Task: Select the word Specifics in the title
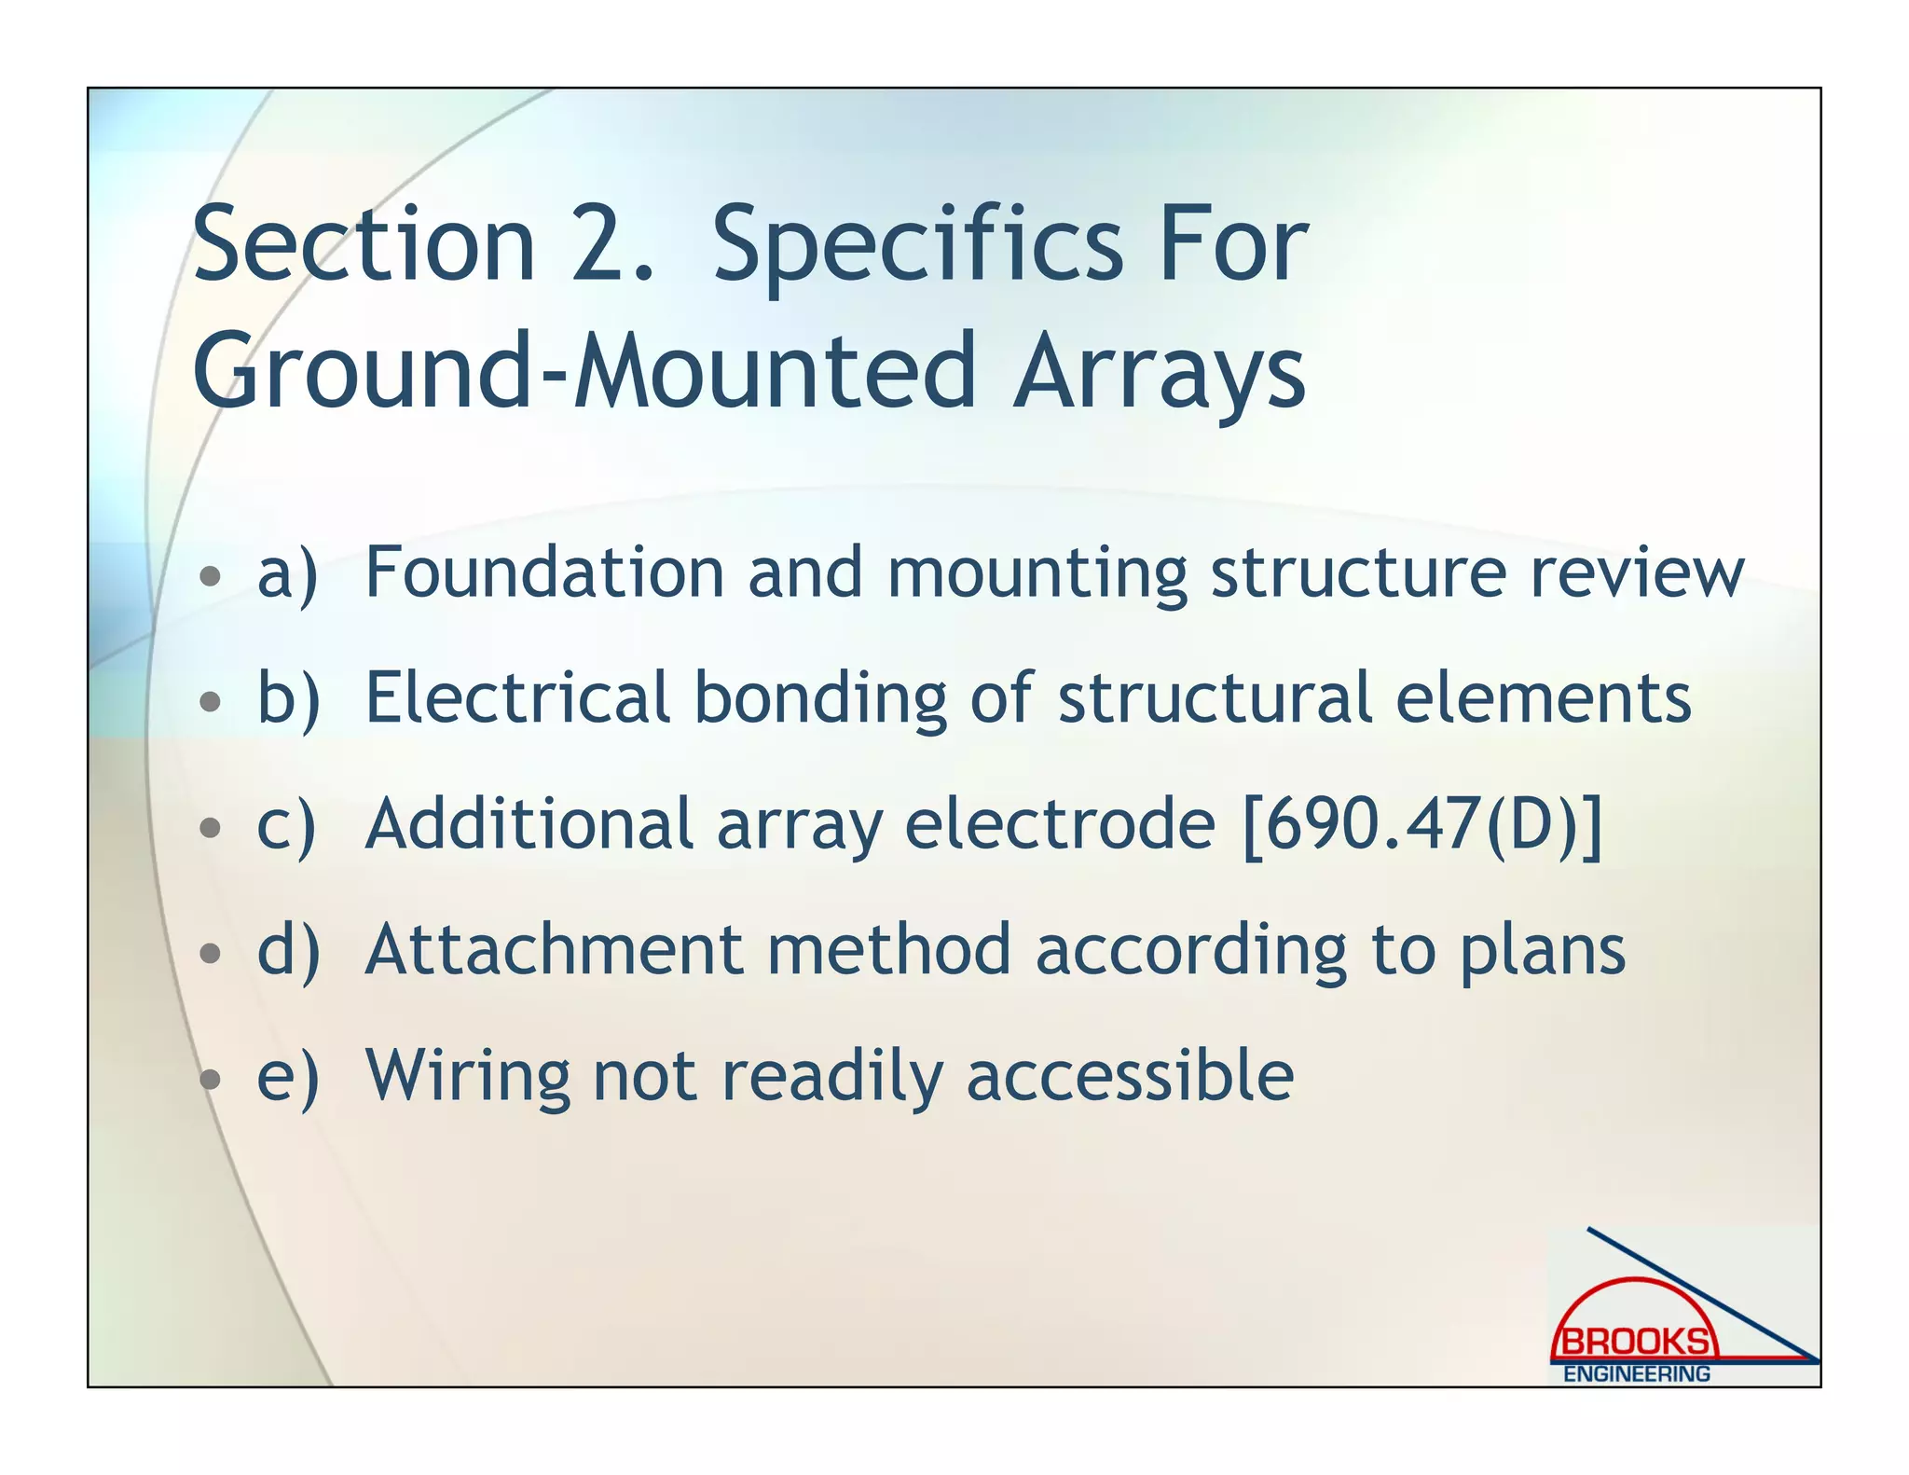(918, 247)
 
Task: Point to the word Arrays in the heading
(1160, 373)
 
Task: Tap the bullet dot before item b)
(211, 700)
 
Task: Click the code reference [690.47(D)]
(1422, 824)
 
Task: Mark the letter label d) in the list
(288, 951)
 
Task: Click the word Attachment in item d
(555, 950)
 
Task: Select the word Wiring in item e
(467, 1078)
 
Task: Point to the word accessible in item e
(1130, 1076)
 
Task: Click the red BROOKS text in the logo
(1636, 1342)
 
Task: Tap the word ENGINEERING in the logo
(1636, 1373)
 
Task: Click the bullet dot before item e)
(211, 1079)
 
